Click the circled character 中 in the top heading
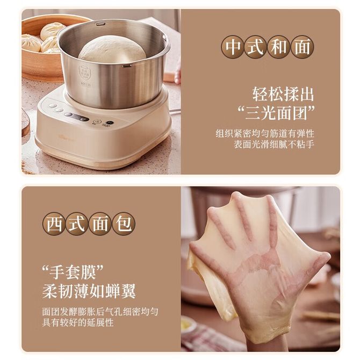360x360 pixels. (233, 47)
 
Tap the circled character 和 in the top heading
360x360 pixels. (279, 47)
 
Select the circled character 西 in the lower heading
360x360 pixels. (54, 224)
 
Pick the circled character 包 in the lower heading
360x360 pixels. (124, 224)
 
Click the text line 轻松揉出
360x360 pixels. (283, 94)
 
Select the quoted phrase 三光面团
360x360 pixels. (276, 113)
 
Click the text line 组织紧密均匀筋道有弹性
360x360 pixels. (265, 133)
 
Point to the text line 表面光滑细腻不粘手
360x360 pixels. (274, 145)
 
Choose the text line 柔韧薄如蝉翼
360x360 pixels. (89, 291)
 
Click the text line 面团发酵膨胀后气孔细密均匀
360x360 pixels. (100, 312)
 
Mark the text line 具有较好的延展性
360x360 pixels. (78, 322)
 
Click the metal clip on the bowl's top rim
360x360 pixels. (100, 24)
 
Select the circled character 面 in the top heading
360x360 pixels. (302, 47)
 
